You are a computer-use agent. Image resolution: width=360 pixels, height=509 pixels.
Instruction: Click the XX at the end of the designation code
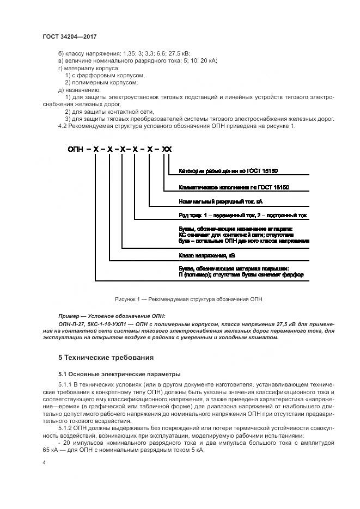pos(167,148)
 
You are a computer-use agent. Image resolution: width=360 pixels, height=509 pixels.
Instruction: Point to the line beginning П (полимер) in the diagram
pos(241,275)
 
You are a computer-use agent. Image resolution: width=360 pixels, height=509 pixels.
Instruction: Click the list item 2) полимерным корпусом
pos(101,83)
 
